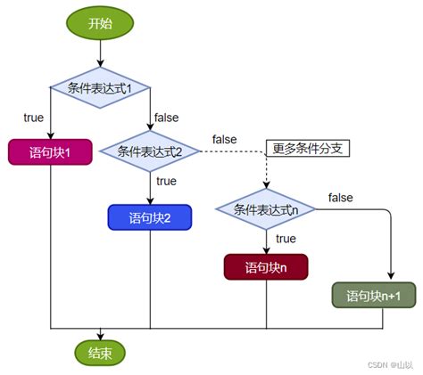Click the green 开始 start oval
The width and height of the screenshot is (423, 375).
[100, 24]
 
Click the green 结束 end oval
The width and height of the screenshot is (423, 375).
[100, 353]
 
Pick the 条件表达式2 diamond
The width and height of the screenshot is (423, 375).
[150, 151]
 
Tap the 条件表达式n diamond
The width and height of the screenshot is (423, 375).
[266, 210]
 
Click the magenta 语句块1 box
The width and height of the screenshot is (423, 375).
[51, 152]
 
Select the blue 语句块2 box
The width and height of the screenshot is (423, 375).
[149, 216]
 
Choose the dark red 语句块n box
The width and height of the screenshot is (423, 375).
[265, 266]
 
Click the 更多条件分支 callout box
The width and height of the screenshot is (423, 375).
[307, 148]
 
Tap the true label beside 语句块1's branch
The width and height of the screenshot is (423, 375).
[34, 117]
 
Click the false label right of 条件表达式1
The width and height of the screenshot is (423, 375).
[166, 118]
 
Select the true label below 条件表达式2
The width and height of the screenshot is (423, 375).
[166, 181]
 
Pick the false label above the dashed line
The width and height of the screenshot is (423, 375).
[224, 139]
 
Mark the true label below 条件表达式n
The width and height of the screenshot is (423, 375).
[286, 238]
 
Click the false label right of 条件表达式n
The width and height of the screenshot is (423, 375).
[340, 197]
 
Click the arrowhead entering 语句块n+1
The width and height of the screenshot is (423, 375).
[392, 276]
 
